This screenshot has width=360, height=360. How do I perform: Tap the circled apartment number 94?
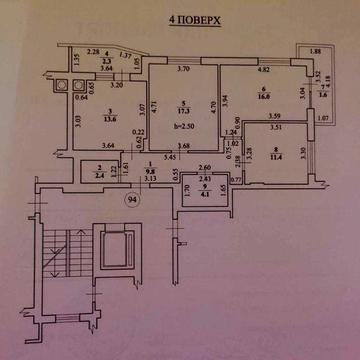[x=131, y=198]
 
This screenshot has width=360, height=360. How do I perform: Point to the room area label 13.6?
[x=103, y=119]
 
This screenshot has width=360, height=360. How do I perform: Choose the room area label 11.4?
[x=273, y=158]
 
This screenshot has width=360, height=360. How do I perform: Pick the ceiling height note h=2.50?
[x=181, y=129]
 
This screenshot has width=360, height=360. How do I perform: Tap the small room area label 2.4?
[x=101, y=175]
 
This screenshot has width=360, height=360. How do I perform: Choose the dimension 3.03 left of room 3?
[x=77, y=122]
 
